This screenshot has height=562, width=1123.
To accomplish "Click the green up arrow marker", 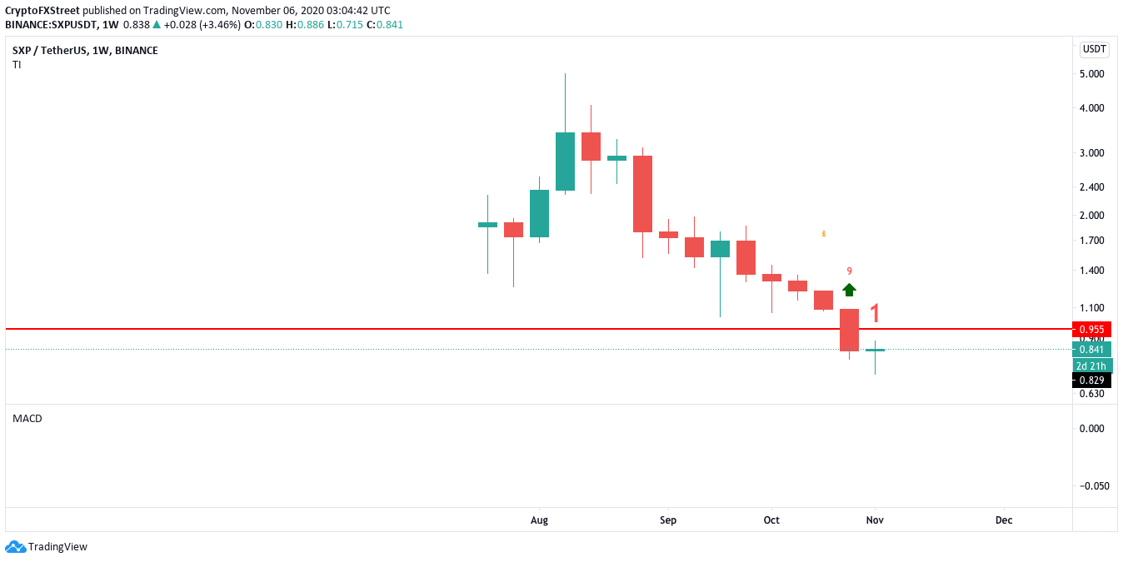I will (x=849, y=290).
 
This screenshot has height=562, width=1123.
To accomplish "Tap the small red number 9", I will (x=849, y=271).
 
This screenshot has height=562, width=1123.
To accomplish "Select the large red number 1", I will (x=875, y=314).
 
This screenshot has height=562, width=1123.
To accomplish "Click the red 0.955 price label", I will (x=1091, y=329).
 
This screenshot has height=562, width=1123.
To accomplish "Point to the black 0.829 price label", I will (x=1091, y=380).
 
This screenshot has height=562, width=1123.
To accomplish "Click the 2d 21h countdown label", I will (x=1091, y=366).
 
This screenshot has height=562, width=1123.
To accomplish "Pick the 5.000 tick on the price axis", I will (x=1091, y=74).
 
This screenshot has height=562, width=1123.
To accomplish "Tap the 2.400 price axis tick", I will (x=1091, y=187).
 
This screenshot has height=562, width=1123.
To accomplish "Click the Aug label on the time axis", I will (x=539, y=520).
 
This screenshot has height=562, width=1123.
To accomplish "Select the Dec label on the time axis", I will (x=1004, y=520).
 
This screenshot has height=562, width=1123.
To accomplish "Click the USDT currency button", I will (x=1094, y=49).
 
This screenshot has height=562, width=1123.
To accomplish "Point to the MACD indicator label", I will (x=27, y=419).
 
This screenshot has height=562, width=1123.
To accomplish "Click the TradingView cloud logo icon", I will (x=15, y=547).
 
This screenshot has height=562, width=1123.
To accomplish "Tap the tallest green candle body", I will (x=566, y=162).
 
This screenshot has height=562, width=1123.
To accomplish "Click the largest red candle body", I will (x=642, y=193).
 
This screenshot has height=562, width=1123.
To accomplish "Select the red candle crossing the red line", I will (x=849, y=330).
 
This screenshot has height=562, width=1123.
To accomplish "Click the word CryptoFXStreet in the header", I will (x=42, y=11).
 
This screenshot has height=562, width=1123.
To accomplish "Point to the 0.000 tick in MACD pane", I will (x=1091, y=429).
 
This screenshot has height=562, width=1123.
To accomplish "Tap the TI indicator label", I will (x=17, y=65).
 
